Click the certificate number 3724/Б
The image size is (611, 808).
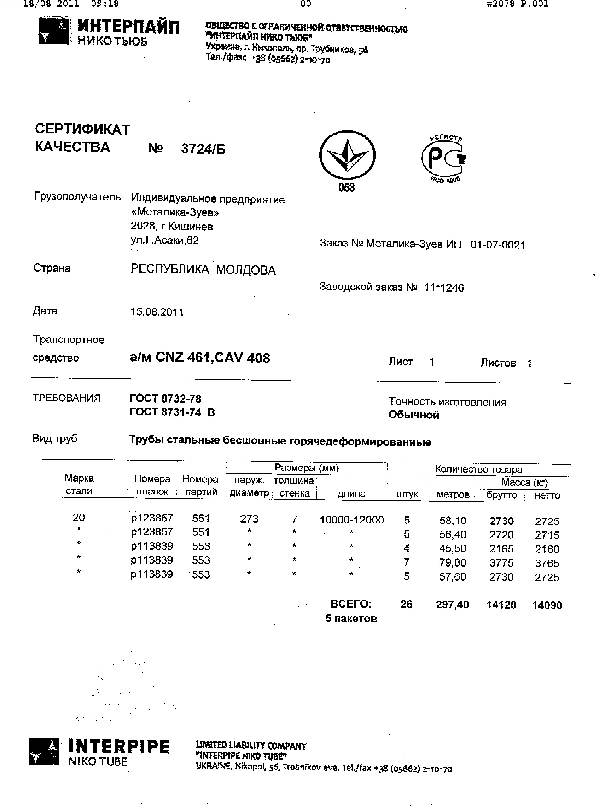point(203,149)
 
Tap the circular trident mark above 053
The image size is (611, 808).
point(347,155)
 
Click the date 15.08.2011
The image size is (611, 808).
point(157,312)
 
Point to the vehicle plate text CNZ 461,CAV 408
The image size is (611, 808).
point(213,358)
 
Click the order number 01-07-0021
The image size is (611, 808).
point(497,245)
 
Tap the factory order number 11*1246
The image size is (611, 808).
point(444,288)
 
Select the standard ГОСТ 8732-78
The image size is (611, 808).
point(165,398)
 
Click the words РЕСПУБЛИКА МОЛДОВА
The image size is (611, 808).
point(203,270)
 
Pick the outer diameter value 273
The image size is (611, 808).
point(249,519)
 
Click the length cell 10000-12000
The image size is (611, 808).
point(351,520)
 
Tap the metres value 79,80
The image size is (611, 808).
point(452,563)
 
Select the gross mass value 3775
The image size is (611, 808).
point(501,563)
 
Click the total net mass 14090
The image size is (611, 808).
point(547,605)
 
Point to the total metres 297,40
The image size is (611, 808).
point(452,604)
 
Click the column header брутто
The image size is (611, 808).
point(501,495)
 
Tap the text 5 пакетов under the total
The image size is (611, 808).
point(351,619)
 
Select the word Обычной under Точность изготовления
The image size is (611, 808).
point(414,415)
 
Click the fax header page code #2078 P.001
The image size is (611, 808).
point(517,4)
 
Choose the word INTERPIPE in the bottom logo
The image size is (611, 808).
point(119,746)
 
